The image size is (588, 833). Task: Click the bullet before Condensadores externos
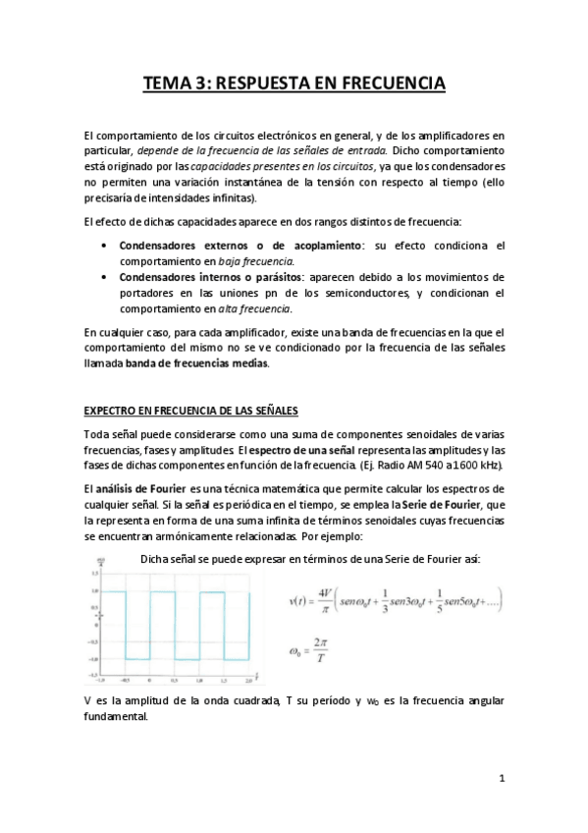coord(104,245)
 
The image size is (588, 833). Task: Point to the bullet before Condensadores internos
coord(104,277)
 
